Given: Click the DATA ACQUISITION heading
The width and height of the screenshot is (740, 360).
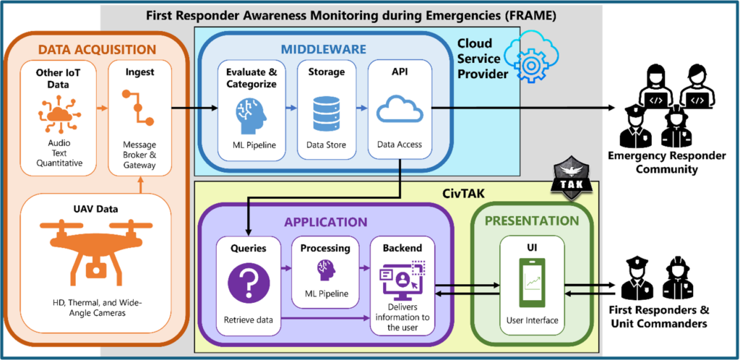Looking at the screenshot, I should pos(97,49).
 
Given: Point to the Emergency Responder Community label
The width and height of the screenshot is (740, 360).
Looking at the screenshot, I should pos(662,163).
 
